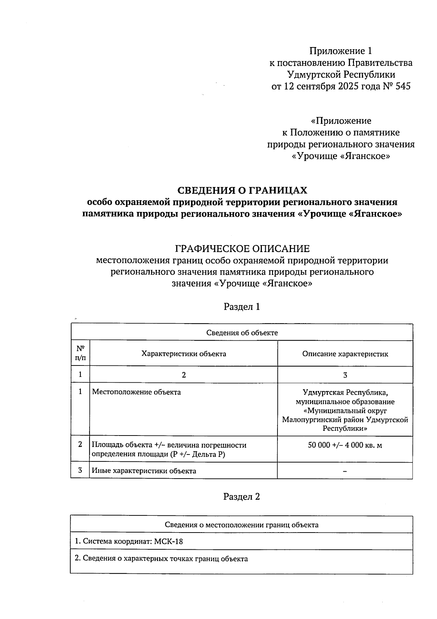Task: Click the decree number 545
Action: tap(402, 87)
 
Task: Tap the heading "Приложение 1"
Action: tap(340, 51)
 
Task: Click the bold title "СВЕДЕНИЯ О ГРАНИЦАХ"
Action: tap(242, 190)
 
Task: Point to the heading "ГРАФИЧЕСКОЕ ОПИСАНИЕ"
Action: tap(242, 249)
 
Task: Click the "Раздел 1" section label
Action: tap(242, 307)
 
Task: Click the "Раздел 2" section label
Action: tap(242, 497)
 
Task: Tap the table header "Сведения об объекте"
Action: tap(242, 333)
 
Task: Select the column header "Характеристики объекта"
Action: tap(184, 354)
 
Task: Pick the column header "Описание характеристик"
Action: tap(345, 354)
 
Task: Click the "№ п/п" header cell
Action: tap(80, 353)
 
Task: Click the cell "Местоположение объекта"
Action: tap(136, 392)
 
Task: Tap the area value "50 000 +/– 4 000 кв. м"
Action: tap(345, 445)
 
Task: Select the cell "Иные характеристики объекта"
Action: tap(144, 471)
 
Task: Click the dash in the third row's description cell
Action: tap(345, 471)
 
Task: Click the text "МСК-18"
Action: tap(168, 542)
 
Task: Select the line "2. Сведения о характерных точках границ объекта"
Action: tap(161, 559)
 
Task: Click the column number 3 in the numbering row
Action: tap(345, 375)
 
